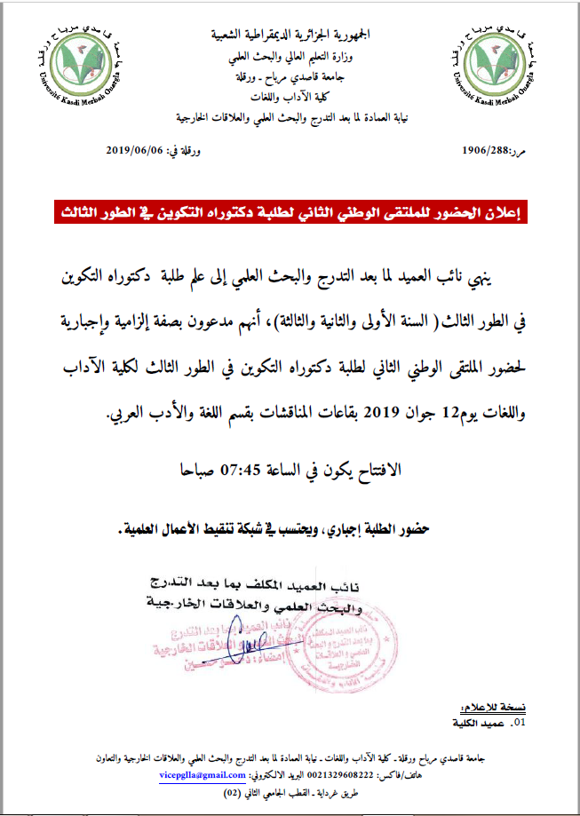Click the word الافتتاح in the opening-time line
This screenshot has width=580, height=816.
(x=372, y=471)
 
